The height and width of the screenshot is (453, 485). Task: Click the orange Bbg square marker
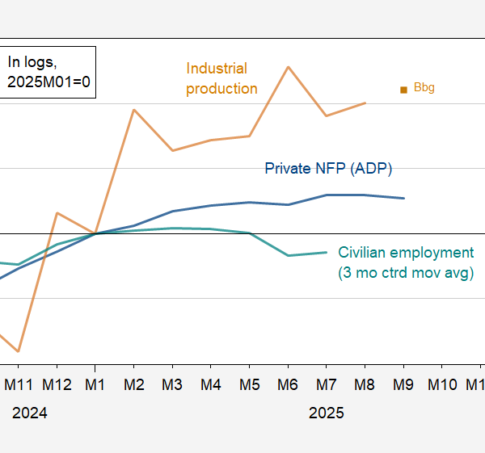(403, 90)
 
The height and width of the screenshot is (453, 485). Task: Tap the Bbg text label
(424, 87)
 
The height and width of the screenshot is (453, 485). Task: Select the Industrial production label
(221, 78)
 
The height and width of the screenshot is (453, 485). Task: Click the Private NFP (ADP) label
(328, 168)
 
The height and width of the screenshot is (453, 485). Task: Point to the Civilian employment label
(406, 262)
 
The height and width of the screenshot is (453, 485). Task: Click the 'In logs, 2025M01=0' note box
(47, 72)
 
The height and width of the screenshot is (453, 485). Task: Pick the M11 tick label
(18, 384)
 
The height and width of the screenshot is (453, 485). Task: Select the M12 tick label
(57, 384)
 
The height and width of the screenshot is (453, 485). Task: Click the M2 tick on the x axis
(134, 384)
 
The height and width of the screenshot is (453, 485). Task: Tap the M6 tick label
(288, 384)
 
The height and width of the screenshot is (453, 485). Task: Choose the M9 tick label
(403, 384)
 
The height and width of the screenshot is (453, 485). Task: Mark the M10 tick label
(442, 384)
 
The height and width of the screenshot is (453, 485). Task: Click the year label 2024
(30, 413)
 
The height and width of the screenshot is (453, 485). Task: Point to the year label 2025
(327, 413)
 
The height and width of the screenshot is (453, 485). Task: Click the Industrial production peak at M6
(288, 67)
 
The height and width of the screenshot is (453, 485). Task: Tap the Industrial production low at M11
(18, 352)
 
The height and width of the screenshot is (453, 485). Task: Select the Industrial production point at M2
(134, 110)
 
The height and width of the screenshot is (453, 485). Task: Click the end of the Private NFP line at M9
(403, 198)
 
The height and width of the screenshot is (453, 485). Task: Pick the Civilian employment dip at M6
(288, 255)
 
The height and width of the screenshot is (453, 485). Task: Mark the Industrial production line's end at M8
(365, 103)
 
